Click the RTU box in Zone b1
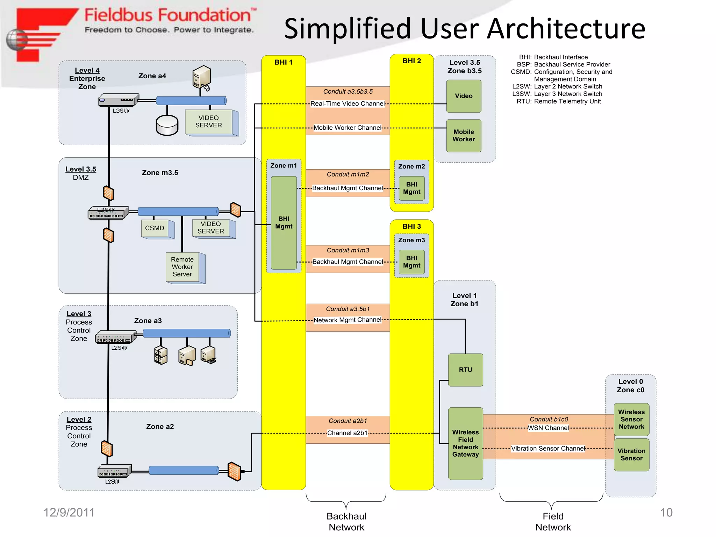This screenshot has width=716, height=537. tap(465, 370)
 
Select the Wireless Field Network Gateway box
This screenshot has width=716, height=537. tap(465, 443)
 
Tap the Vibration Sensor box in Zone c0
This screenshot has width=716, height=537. tap(631, 454)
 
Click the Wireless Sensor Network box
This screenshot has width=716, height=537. tap(631, 419)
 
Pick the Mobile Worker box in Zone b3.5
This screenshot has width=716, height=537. tap(464, 136)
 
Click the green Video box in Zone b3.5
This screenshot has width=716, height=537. tap(464, 96)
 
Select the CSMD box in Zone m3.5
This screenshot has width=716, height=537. tap(155, 228)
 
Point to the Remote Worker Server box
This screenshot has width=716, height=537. tap(182, 267)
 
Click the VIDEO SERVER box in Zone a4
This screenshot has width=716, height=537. tap(209, 122)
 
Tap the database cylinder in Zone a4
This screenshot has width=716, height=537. tap(167, 125)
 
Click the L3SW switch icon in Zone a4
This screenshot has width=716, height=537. tap(118, 100)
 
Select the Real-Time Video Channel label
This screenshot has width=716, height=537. tap(347, 103)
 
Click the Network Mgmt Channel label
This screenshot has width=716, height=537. tap(347, 320)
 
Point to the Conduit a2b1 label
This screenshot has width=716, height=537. tap(348, 421)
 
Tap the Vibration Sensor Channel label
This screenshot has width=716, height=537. tap(548, 449)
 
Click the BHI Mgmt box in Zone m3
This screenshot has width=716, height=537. tap(411, 262)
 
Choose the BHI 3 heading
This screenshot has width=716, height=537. tap(411, 227)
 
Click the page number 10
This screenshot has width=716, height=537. tap(666, 513)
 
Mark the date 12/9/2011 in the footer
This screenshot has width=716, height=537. tap(69, 513)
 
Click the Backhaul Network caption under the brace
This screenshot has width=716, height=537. tap(346, 522)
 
